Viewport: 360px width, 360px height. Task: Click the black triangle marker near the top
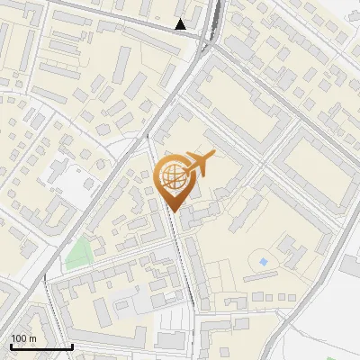click(181, 24)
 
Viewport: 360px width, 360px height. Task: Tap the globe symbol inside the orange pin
click(173, 178)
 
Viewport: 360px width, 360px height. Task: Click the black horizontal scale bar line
click(41, 346)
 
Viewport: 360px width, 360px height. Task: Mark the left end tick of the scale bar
click(11, 345)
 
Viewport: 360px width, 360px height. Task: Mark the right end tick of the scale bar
click(72, 345)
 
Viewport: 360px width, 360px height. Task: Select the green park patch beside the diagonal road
click(79, 253)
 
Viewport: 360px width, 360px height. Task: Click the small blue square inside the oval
click(263, 261)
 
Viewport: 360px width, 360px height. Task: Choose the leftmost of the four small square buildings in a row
click(245, 296)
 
